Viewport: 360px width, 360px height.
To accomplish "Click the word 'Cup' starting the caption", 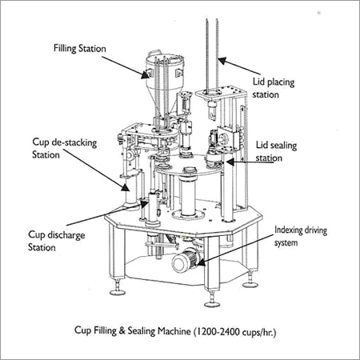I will (x=79, y=329).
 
